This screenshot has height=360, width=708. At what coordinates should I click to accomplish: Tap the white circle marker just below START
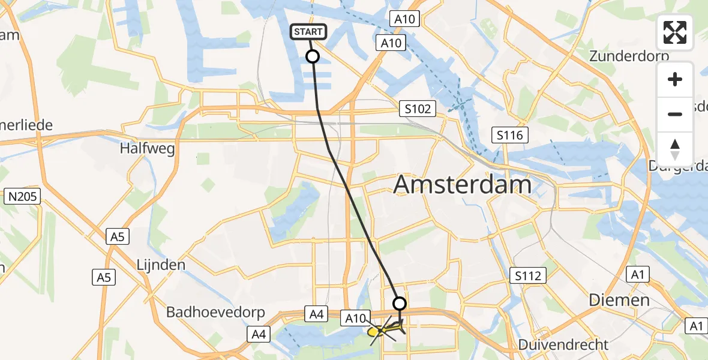point(313,56)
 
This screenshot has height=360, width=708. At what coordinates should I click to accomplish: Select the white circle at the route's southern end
point(399,304)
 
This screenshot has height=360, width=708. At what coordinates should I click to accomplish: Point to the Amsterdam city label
point(462,185)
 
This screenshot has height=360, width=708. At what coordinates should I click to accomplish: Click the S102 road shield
point(417,109)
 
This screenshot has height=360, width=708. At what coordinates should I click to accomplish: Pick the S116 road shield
point(509,135)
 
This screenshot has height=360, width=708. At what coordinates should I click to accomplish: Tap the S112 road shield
point(528,276)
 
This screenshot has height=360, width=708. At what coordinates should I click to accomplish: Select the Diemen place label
point(619,300)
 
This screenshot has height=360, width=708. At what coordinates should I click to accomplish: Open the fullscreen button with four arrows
point(675,32)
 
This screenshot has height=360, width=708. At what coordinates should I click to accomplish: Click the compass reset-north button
point(675,148)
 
